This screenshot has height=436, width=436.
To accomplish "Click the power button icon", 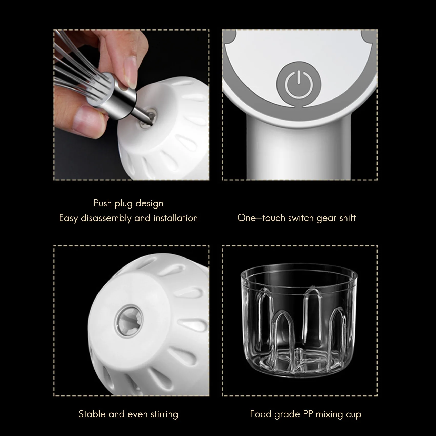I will click(298, 84).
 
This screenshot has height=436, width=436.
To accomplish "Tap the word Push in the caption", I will click(102, 203).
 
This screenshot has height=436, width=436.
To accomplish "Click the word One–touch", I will click(261, 218).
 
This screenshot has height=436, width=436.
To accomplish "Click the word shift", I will click(348, 218).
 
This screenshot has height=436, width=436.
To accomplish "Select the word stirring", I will click(164, 414).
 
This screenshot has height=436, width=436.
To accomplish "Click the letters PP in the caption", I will click(308, 414).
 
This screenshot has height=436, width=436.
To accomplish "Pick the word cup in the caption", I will click(353, 414).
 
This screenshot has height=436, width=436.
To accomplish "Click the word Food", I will click(261, 414).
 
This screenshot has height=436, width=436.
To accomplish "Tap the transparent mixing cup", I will click(299, 321).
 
